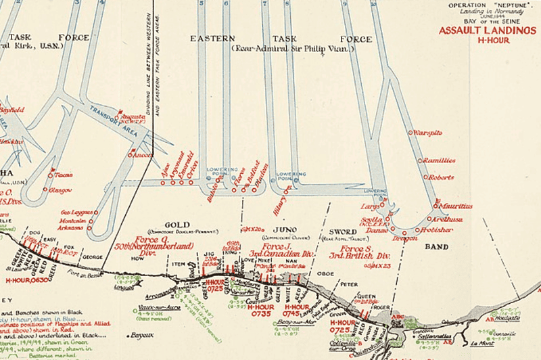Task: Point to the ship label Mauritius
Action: coord(452,204)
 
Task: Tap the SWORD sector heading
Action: coord(343,231)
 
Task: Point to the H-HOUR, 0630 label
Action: coord(26,279)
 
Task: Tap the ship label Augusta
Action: coord(136,117)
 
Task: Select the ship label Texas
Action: coord(63,174)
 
